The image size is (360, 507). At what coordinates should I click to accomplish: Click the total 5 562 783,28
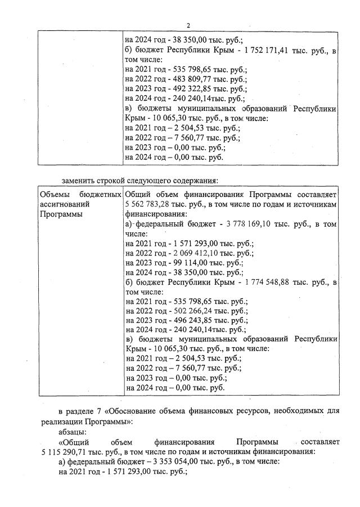[x=149, y=204]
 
